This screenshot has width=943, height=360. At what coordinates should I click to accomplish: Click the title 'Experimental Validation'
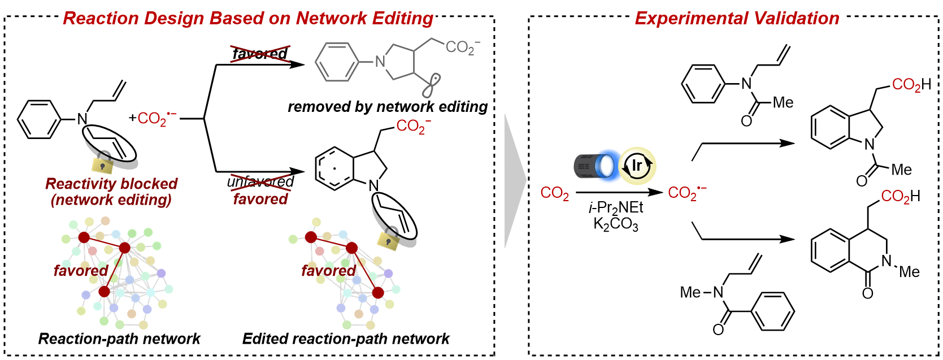737,18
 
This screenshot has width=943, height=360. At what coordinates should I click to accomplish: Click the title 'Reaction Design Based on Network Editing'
248,18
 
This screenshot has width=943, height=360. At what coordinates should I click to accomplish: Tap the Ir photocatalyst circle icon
637,166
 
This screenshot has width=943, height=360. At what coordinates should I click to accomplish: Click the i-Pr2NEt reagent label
616,207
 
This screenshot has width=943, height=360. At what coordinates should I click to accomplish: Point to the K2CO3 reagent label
616,224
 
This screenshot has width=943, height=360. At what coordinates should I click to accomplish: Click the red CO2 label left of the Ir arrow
554,193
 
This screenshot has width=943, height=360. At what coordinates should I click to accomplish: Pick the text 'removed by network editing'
388,107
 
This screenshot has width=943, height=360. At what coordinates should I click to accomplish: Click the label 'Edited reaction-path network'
345,339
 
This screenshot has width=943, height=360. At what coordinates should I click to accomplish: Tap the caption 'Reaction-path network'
119,339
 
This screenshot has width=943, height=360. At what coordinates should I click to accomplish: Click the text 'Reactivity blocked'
111,184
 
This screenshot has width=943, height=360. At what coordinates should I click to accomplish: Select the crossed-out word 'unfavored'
260,182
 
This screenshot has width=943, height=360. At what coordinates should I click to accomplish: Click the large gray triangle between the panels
514,181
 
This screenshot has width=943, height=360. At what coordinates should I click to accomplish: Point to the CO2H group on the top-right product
911,85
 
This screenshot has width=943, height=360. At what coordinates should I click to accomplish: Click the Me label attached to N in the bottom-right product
909,272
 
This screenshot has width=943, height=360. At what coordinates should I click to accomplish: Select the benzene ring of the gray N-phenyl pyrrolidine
337,62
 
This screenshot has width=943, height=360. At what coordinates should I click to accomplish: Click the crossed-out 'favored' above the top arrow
260,54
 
